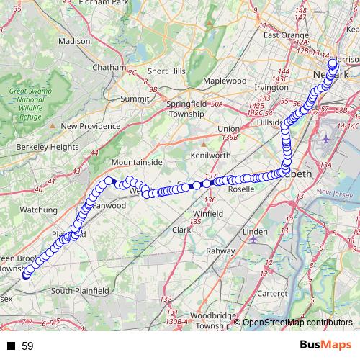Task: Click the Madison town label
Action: (75, 41)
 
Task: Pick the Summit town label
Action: (135, 98)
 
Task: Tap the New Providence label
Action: (91, 125)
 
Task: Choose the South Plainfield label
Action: (81, 291)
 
